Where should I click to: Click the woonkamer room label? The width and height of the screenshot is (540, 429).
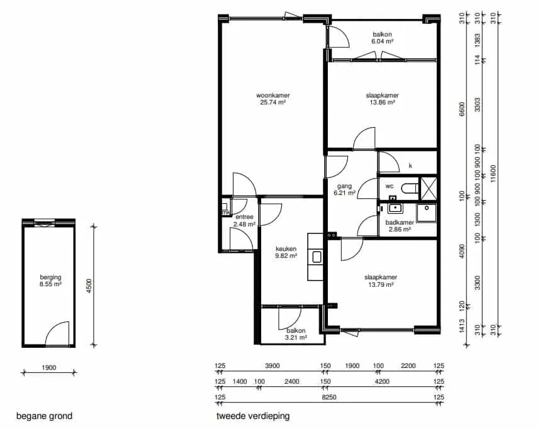(273, 96)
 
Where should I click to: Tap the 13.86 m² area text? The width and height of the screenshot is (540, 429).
(382, 103)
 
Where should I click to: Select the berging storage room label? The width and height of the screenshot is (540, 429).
(50, 277)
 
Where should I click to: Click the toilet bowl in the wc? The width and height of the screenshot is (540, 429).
(409, 188)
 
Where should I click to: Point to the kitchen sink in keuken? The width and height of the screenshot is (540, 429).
(317, 257)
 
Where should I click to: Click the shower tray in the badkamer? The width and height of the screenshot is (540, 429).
(426, 213)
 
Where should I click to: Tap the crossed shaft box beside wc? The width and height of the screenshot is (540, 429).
(429, 189)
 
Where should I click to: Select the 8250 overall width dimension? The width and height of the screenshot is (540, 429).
(329, 397)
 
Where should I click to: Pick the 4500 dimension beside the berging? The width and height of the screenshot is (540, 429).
(89, 286)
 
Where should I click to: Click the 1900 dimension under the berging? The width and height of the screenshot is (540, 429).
(49, 368)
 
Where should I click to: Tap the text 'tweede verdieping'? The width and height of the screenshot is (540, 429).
(253, 416)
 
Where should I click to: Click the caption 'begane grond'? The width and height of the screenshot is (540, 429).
(45, 416)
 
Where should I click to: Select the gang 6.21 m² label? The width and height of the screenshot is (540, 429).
(344, 189)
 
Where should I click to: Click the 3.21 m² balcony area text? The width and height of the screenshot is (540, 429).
(296, 337)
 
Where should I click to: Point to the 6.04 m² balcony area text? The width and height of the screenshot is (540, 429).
(382, 41)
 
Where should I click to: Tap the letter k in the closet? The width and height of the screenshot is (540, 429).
(410, 165)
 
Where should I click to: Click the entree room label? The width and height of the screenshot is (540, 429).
(245, 217)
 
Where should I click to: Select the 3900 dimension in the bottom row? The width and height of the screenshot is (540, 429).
(272, 365)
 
